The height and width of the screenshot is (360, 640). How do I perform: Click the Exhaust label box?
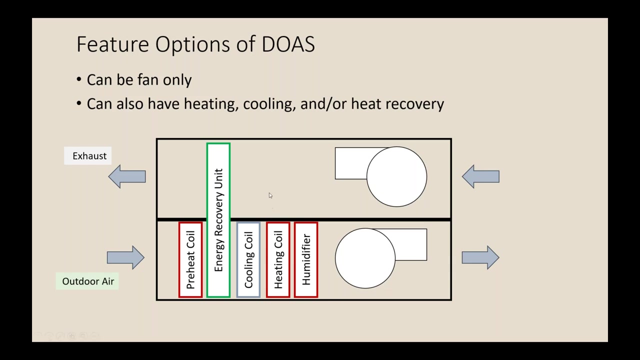coord(89,156)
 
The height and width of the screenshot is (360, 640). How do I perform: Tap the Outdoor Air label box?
coord(87,281)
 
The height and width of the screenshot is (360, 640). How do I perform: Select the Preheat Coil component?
coord(190,260)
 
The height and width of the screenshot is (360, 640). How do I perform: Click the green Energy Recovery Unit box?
coord(218,220)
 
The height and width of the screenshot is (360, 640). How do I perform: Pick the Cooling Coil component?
coord(248,260)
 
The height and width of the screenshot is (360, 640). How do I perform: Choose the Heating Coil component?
coord(278,260)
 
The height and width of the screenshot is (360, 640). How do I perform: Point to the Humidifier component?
coord(306,260)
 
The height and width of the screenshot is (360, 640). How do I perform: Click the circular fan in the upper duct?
coord(396,176)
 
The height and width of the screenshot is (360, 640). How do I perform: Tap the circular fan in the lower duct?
coord(365,258)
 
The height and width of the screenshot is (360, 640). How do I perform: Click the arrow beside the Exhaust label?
coord(127,176)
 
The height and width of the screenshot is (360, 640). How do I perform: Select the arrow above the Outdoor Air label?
coord(125,257)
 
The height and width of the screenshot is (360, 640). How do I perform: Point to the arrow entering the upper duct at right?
coord(480,176)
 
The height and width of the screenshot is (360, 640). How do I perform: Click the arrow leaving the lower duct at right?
coord(480,257)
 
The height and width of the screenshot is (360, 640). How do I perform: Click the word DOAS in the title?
coord(288,44)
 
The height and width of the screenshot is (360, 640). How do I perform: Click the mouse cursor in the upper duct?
coord(270,195)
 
